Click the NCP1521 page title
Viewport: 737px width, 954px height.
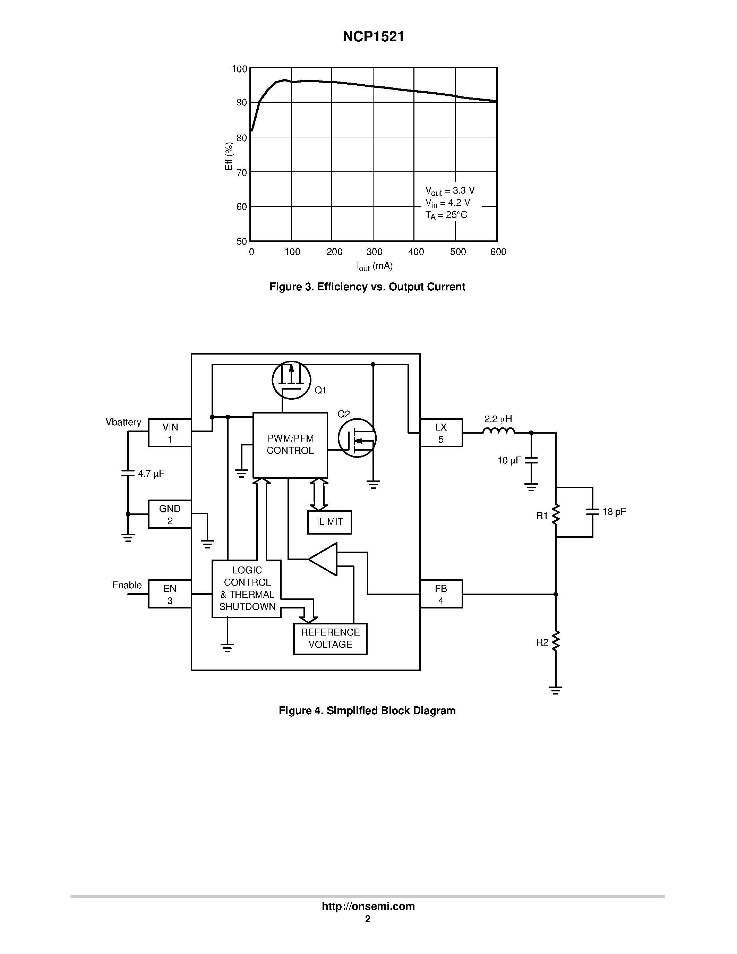tap(373, 37)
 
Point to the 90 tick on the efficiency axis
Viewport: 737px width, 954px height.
tap(241, 103)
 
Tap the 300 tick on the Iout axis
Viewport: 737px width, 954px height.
tap(374, 252)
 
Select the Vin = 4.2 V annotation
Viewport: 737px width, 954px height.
tap(447, 203)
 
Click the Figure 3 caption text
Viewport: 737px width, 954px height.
tap(367, 287)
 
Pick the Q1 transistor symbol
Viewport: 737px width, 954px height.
tap(291, 380)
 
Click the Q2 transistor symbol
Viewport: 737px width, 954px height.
tap(357, 438)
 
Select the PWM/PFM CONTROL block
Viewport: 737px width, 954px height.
tap(290, 445)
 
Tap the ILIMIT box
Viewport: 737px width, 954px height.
tap(329, 522)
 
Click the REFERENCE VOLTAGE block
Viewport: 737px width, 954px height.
tap(330, 639)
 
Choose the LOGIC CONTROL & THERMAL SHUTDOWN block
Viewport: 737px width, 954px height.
tap(247, 588)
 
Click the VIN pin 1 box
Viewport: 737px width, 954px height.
tap(170, 433)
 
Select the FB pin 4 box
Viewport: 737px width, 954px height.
tap(441, 594)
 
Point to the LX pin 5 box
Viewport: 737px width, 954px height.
tap(441, 433)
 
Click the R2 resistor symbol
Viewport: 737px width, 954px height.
tap(555, 641)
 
